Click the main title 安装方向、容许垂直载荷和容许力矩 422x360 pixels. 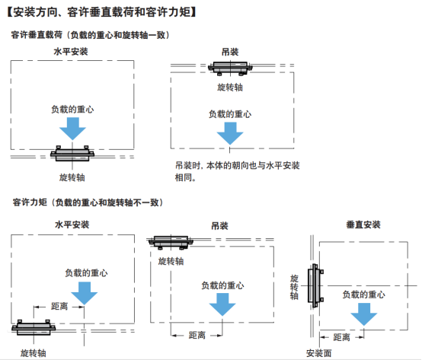[x=102, y=12]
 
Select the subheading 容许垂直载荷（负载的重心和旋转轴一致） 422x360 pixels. [x=91, y=35]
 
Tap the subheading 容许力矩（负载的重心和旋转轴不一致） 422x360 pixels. [x=88, y=202]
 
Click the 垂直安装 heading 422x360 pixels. [x=363, y=225]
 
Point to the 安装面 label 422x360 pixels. [x=318, y=353]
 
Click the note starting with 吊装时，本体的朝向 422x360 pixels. [x=238, y=171]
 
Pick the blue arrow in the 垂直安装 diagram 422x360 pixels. [x=364, y=314]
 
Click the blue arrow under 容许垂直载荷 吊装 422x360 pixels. [x=230, y=133]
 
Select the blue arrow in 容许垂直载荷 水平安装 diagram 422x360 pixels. [x=72, y=129]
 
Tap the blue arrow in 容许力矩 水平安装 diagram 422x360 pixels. [x=85, y=293]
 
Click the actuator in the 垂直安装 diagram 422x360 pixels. [x=315, y=286]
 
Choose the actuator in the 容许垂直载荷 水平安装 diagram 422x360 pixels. [x=72, y=154]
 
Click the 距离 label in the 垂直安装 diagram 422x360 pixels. [x=341, y=337]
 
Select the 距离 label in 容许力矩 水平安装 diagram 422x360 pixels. [x=59, y=306]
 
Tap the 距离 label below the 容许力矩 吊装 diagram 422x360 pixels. [x=197, y=336]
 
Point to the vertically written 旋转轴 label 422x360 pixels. [x=294, y=287]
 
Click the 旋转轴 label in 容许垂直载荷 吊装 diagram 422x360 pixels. [x=230, y=87]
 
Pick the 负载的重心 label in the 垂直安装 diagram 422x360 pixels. [x=364, y=295]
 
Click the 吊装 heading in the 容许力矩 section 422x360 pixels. [x=220, y=225]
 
